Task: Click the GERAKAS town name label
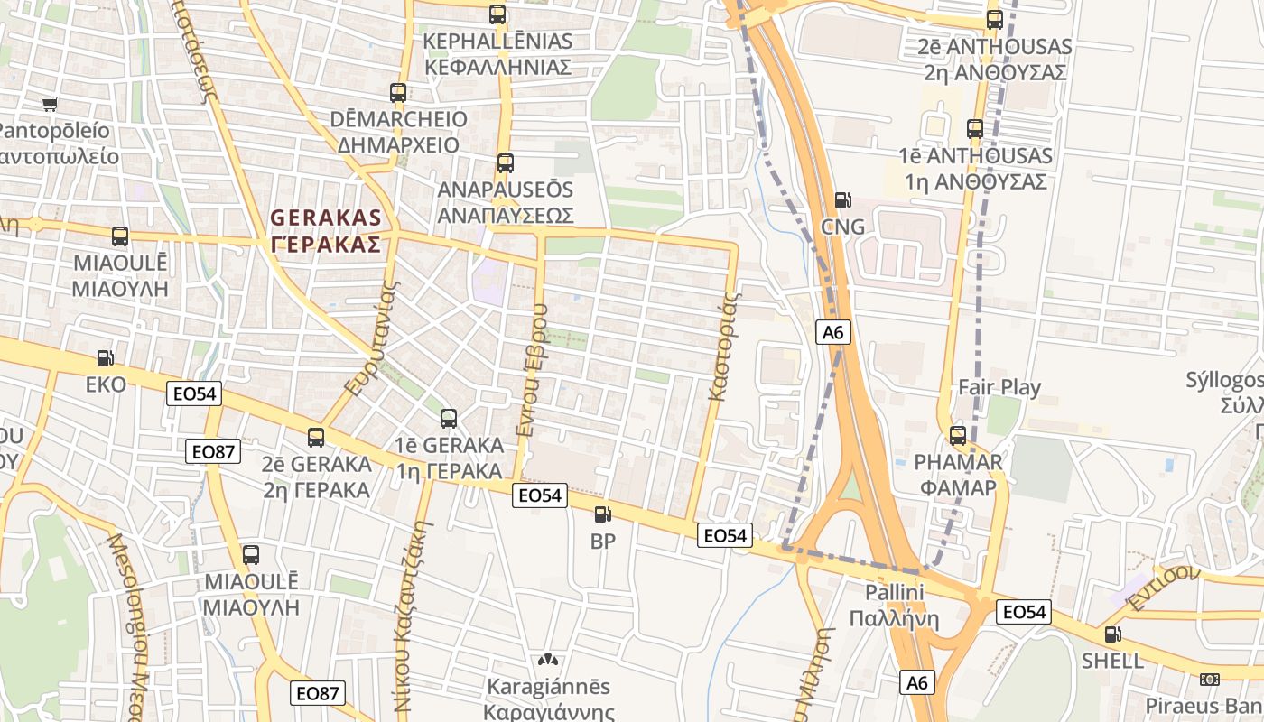(x=326, y=231)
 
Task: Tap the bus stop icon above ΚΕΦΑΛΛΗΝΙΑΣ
(x=497, y=14)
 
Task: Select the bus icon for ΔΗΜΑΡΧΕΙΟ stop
(x=398, y=92)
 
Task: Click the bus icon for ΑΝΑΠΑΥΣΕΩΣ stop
(x=506, y=163)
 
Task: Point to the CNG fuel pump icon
(x=842, y=200)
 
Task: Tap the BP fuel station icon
(x=602, y=515)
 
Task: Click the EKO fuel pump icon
(x=106, y=358)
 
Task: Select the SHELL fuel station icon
(x=1113, y=634)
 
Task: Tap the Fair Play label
(x=999, y=388)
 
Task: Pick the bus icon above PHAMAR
(x=958, y=436)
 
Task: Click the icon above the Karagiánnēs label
(x=548, y=660)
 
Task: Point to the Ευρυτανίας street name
(x=372, y=341)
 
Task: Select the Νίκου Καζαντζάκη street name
(x=408, y=599)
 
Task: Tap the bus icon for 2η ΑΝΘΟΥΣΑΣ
(x=995, y=20)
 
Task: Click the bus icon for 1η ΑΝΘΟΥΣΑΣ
(x=975, y=129)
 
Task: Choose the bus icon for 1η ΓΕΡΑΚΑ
(x=449, y=419)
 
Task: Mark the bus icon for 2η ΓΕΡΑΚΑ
(x=316, y=438)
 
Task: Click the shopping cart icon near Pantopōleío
(x=51, y=104)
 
